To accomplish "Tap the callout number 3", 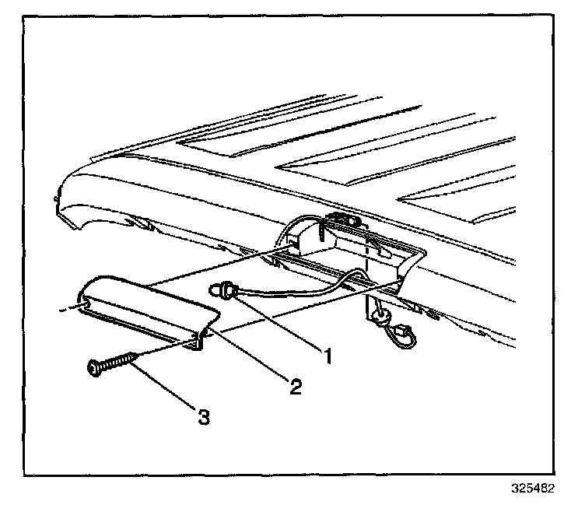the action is [205, 417].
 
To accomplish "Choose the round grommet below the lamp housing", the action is [378, 315].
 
